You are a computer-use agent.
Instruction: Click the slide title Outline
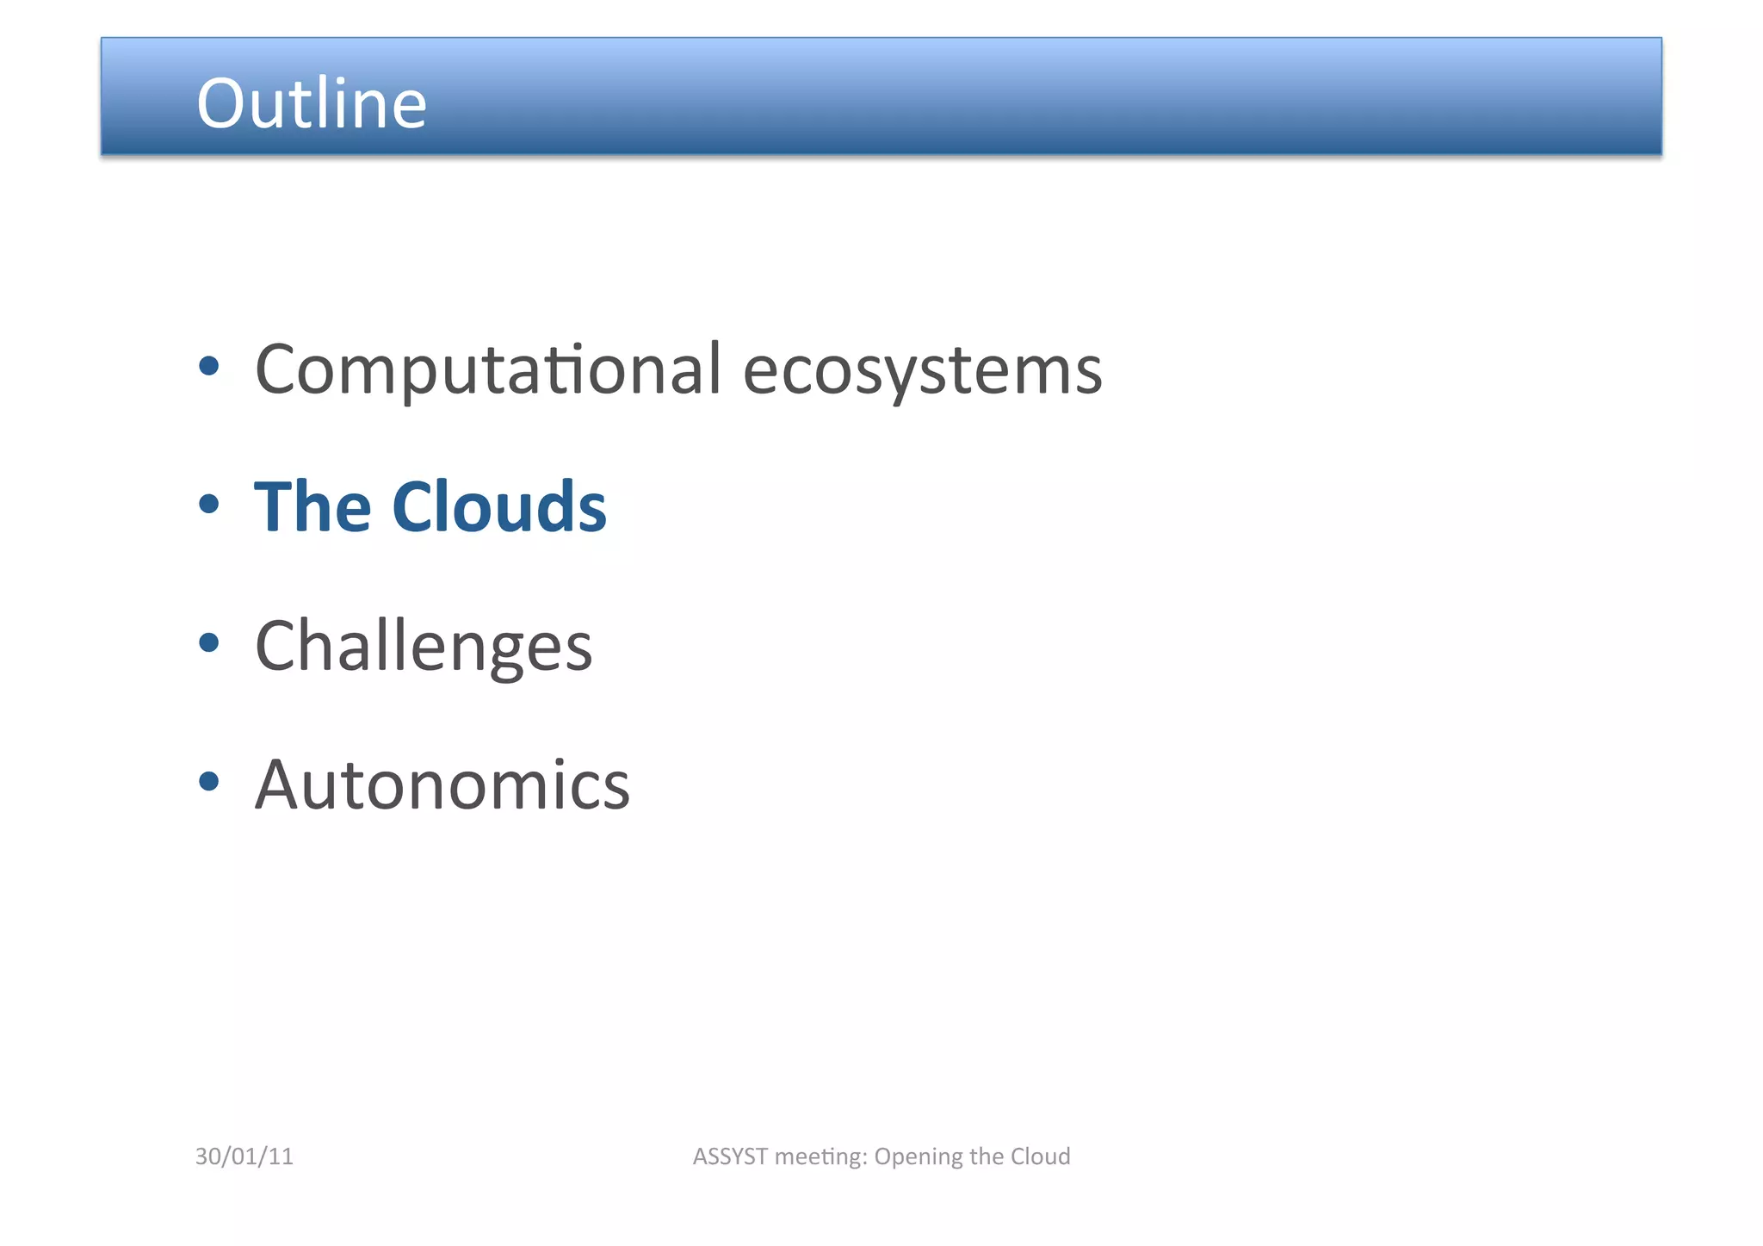pyautogui.click(x=312, y=103)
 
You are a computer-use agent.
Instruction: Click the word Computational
pyautogui.click(x=487, y=369)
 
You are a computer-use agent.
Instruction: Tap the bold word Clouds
pyautogui.click(x=499, y=507)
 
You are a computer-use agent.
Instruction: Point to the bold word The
pyautogui.click(x=312, y=507)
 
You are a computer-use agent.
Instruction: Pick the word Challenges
pyautogui.click(x=424, y=647)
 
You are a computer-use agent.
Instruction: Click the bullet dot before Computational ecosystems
pyautogui.click(x=209, y=367)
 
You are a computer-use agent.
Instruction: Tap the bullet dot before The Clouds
pyautogui.click(x=209, y=505)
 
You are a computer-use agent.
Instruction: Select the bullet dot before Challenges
pyautogui.click(x=209, y=642)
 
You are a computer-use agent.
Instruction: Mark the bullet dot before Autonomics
pyautogui.click(x=209, y=781)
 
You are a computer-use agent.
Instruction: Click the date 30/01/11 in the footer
pyautogui.click(x=244, y=1156)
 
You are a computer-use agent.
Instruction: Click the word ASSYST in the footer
pyautogui.click(x=730, y=1156)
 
